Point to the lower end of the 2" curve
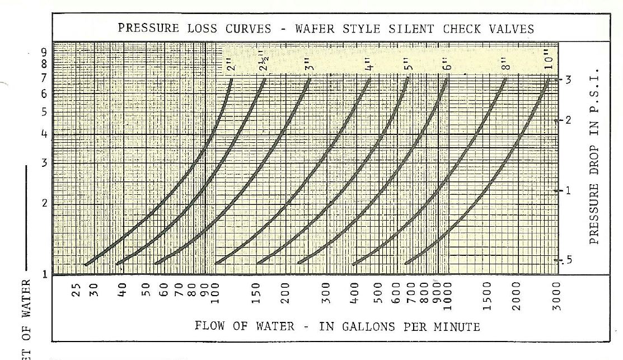pyautogui.click(x=85, y=264)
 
